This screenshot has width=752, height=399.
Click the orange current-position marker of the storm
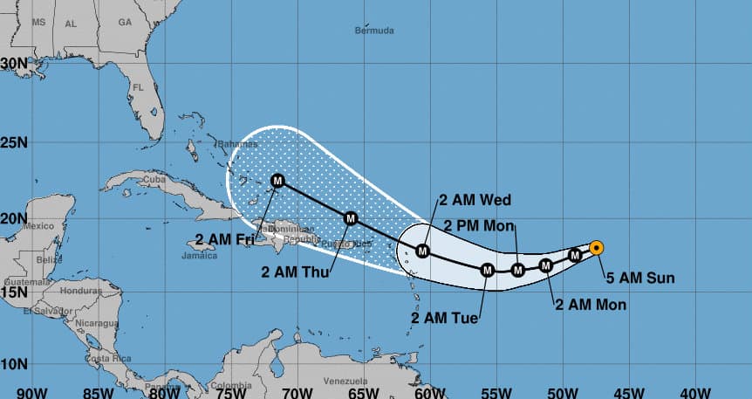[596, 248]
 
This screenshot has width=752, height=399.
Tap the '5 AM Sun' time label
[641, 279]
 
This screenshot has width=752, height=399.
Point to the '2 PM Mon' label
[479, 227]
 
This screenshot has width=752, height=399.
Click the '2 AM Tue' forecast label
[444, 318]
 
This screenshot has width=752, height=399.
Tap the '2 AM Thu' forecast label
[295, 272]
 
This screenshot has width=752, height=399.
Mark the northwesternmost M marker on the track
[278, 181]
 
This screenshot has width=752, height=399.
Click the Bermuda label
[374, 31]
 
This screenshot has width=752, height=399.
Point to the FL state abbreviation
[138, 87]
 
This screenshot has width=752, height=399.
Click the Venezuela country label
[341, 382]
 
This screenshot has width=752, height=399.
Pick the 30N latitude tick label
[17, 63]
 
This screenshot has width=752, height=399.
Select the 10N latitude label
[17, 363]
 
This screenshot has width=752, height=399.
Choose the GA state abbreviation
[125, 22]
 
